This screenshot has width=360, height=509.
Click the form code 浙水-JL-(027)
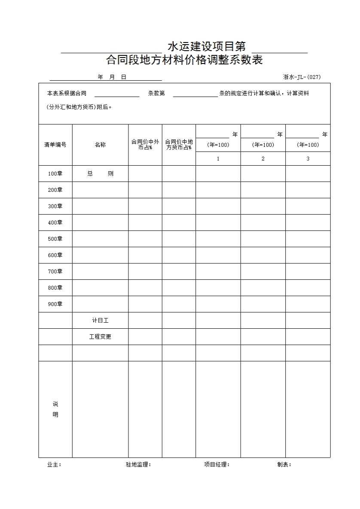click(x=302, y=77)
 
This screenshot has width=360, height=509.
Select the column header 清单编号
click(x=55, y=145)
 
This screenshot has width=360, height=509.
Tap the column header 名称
click(x=100, y=145)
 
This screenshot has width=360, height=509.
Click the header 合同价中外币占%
click(x=145, y=145)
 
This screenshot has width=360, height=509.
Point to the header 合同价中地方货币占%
click(x=179, y=145)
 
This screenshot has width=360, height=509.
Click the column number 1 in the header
click(x=218, y=159)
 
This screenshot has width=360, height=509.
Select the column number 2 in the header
click(x=263, y=159)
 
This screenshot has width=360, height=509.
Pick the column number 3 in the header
click(x=308, y=159)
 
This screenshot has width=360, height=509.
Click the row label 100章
click(x=55, y=174)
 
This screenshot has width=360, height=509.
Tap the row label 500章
click(x=55, y=239)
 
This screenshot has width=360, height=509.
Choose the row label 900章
click(x=55, y=304)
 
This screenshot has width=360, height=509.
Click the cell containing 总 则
click(x=100, y=174)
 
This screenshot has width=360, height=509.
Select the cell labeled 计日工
click(x=100, y=321)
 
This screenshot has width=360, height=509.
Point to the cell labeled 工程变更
click(x=100, y=337)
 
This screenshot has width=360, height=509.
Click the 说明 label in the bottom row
click(x=55, y=409)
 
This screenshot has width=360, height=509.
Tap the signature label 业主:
click(x=54, y=464)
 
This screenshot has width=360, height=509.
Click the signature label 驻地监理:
click(x=138, y=464)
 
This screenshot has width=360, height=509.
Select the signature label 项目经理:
click(x=217, y=464)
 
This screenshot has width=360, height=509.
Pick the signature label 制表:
click(x=284, y=464)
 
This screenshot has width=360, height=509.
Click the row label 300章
click(x=55, y=206)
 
